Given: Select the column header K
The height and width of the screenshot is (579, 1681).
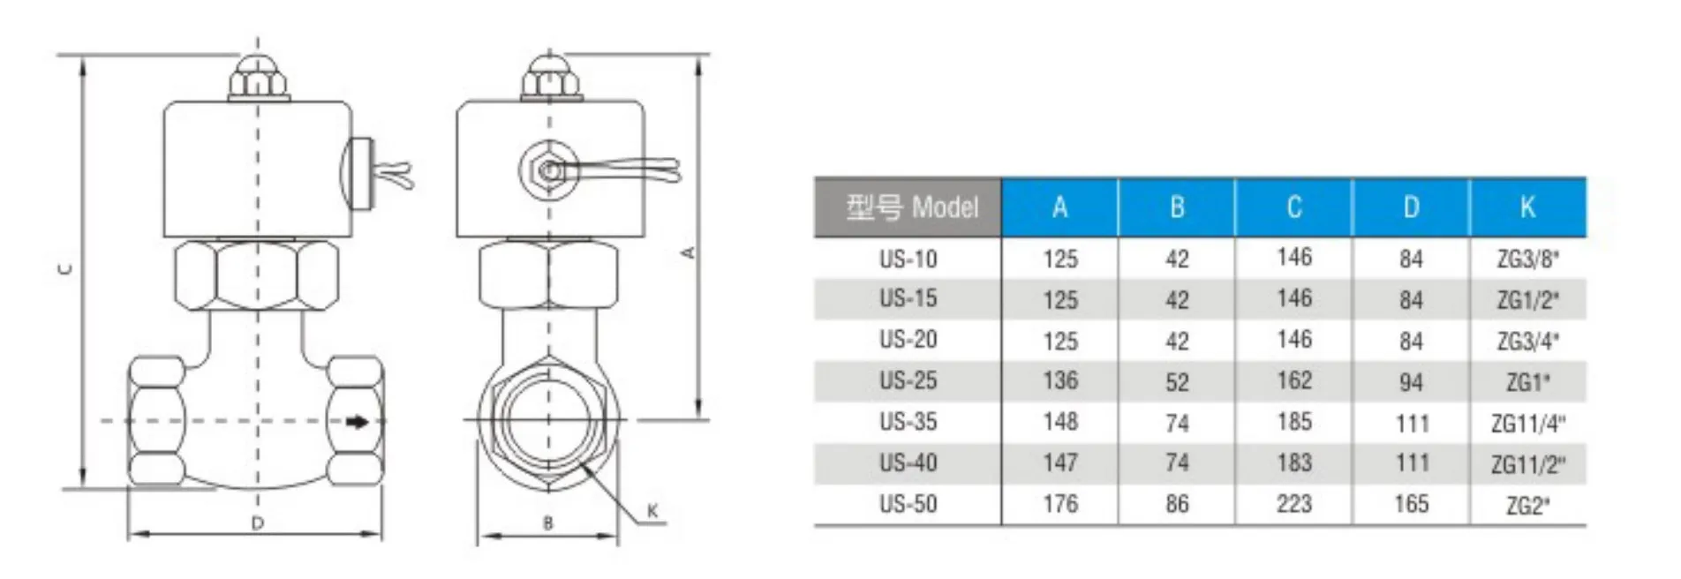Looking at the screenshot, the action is click(x=1527, y=207).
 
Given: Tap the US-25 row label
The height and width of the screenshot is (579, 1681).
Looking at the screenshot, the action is click(x=908, y=381).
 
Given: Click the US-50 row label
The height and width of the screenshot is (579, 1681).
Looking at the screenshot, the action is click(x=908, y=504).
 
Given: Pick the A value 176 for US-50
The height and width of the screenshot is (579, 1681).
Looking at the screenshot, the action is click(x=1059, y=504).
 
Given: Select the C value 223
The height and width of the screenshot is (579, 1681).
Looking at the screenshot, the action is click(x=1293, y=504).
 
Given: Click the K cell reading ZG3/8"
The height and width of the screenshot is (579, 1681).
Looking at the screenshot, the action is click(x=1527, y=259).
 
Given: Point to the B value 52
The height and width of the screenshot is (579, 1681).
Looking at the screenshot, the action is click(x=1176, y=382).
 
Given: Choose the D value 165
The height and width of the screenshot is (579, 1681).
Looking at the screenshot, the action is click(x=1411, y=504).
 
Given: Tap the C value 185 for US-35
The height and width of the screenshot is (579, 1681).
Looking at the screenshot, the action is click(x=1293, y=422).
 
